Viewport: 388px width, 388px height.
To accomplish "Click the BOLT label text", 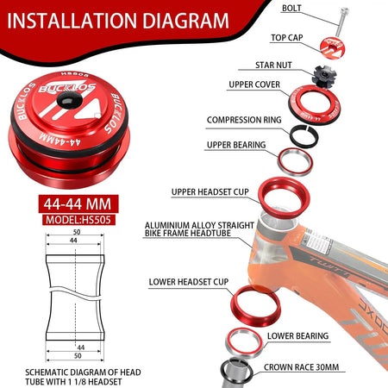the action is pos(291,8).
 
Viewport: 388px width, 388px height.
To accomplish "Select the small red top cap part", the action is pos(332,47).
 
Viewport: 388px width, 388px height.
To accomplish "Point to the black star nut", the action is pos(324,74).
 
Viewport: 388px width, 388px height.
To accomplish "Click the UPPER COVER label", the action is pos(254,84).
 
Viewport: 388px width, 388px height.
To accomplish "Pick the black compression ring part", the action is pos(304,135).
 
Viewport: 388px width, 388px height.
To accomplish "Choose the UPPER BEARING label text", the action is pos(236,145).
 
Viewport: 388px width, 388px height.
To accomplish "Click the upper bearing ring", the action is pos(295,161).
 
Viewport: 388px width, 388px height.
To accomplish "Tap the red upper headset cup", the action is pos(284,197).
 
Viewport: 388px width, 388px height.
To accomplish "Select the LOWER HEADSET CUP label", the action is pos(189,282).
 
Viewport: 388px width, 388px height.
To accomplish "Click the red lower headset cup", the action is pos(255,305).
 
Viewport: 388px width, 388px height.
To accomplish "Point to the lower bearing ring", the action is pos(244,342).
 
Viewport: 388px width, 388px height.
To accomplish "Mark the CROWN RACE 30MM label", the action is pos(301,367).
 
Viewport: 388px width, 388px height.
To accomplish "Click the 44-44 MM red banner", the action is pos(78,204).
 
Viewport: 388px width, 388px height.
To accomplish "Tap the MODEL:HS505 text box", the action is pos(78,220).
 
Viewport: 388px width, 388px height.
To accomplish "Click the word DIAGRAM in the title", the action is pos(185,21).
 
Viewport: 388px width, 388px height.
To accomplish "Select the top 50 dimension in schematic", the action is pos(77,232).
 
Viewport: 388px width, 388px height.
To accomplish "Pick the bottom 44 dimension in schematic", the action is pos(81,347).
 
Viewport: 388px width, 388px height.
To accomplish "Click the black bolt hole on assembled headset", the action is pos(70,100).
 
